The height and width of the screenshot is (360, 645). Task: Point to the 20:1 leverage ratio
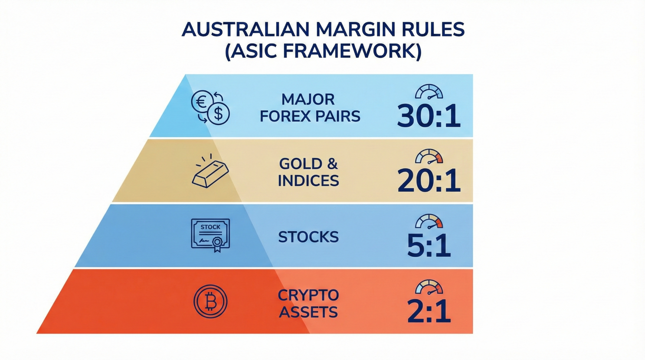click(x=429, y=180)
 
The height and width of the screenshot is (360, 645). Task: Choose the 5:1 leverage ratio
click(x=429, y=245)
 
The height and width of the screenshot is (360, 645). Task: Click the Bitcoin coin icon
click(x=210, y=301)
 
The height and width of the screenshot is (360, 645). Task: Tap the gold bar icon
click(x=210, y=173)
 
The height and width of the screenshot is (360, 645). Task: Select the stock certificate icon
click(x=210, y=235)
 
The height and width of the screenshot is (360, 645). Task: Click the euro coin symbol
click(x=202, y=101)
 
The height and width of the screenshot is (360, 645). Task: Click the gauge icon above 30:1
click(x=429, y=92)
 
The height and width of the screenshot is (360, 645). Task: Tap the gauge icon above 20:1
click(x=429, y=157)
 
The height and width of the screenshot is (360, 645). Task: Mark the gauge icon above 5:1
click(x=429, y=221)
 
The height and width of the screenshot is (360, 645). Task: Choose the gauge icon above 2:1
click(x=429, y=287)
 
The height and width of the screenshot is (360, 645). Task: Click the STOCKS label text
click(x=308, y=237)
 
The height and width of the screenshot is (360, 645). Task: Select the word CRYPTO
click(x=308, y=295)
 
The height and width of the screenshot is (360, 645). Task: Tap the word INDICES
click(x=308, y=181)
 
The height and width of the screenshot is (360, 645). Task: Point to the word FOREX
click(x=281, y=117)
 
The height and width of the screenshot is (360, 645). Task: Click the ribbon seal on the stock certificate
click(x=217, y=243)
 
